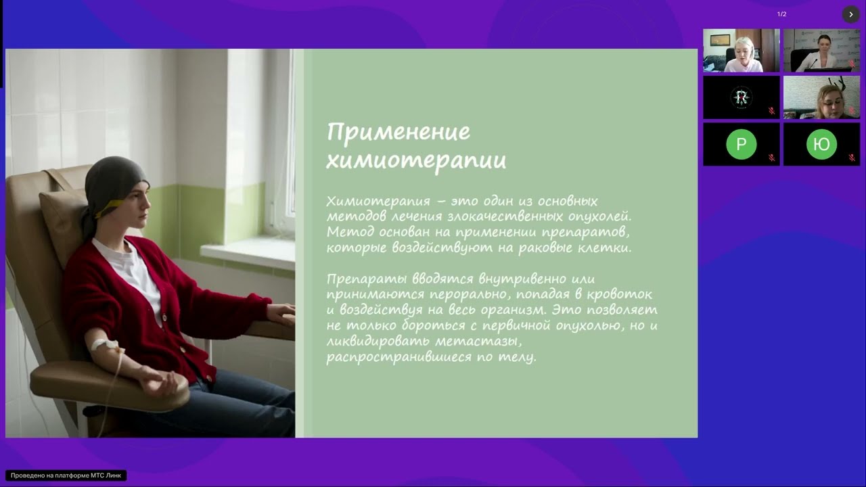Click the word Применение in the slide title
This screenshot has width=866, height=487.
398,131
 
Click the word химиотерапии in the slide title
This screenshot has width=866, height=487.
416,160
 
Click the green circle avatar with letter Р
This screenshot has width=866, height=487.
741,143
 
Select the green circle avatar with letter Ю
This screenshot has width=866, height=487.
821,143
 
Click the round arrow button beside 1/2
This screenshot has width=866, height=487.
851,14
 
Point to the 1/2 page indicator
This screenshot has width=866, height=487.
781,14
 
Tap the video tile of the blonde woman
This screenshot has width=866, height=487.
741,51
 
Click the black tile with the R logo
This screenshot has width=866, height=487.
741,97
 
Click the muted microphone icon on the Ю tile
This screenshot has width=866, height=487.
852,158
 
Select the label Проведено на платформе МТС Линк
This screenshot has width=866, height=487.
66,476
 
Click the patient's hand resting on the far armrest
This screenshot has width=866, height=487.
281,313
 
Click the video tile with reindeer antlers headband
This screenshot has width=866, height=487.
821,97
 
